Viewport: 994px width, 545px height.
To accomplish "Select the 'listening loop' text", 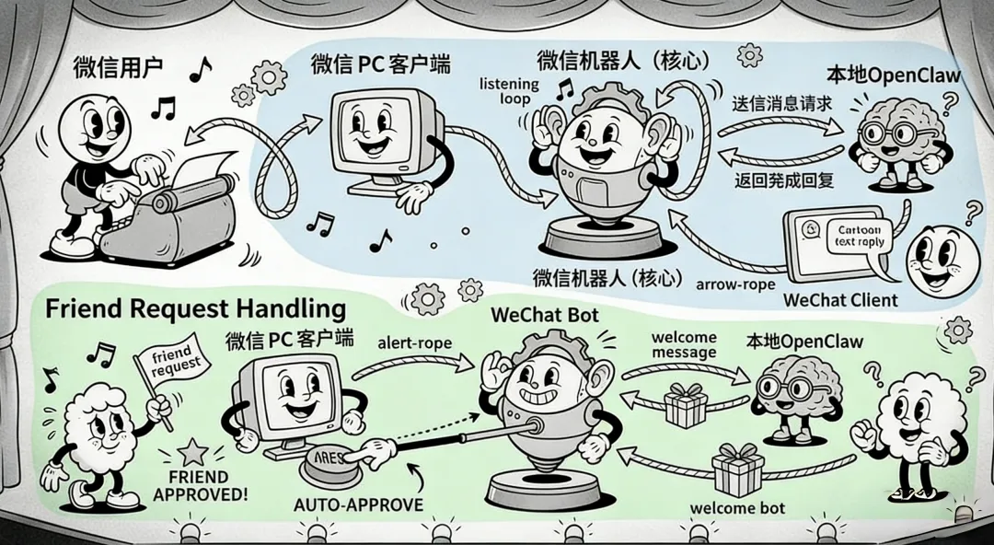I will click(509, 92).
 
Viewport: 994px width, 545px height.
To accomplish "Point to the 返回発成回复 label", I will click(784, 180).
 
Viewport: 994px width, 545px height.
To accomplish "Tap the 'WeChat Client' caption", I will click(839, 300).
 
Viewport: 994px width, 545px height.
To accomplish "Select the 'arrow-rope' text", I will click(735, 284).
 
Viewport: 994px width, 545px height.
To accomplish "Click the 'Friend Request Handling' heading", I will click(195, 308).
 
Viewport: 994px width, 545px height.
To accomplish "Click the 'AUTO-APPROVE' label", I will click(358, 504).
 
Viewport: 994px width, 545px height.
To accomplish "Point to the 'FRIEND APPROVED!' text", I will click(201, 484).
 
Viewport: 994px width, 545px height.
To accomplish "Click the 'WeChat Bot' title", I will click(545, 314).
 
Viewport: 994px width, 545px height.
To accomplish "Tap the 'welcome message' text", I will click(683, 345).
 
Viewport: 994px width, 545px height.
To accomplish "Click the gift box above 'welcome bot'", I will click(736, 470).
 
